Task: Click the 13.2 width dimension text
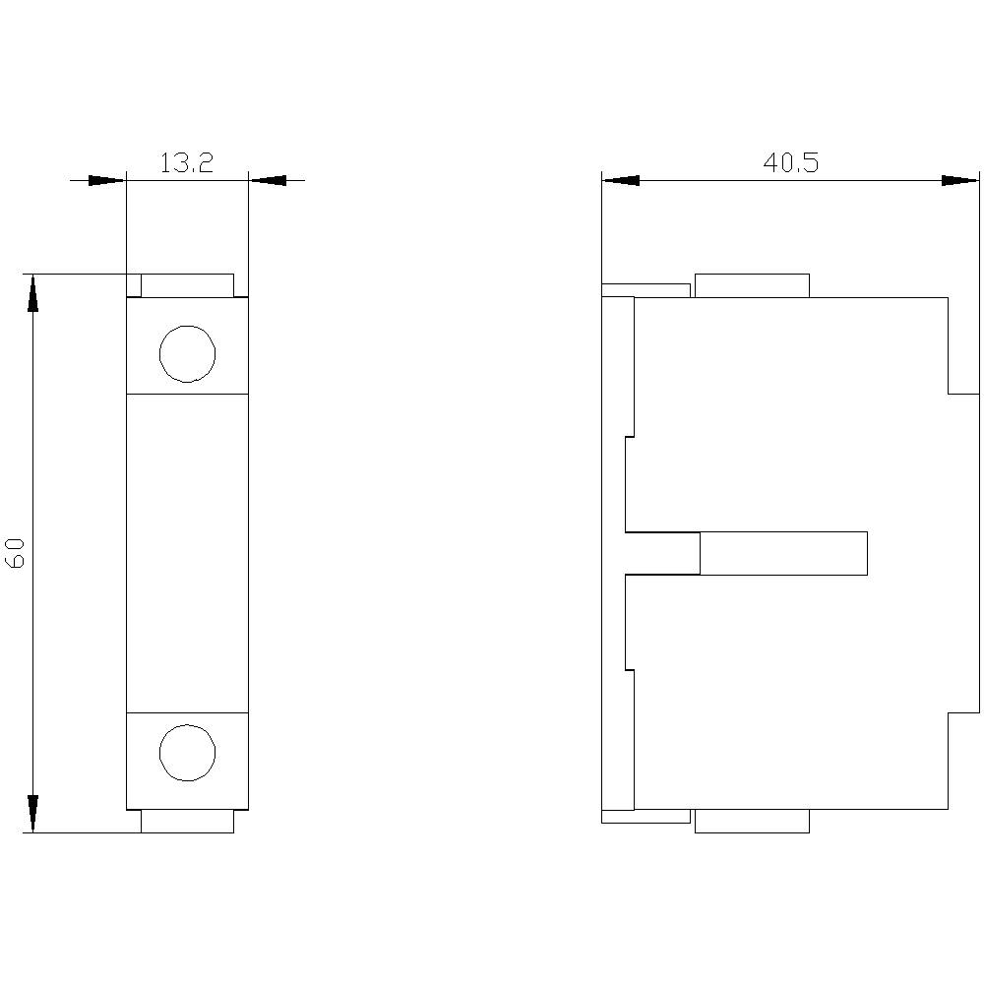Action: click(186, 163)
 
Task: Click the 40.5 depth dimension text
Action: click(790, 163)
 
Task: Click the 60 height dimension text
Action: click(16, 553)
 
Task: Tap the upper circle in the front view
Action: click(187, 353)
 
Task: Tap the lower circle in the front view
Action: click(187, 753)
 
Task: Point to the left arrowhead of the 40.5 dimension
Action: click(620, 181)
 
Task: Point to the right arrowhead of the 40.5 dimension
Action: click(960, 181)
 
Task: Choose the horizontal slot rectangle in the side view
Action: click(783, 553)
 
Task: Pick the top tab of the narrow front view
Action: click(187, 285)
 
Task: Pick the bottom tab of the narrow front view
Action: click(187, 821)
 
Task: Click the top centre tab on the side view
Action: click(752, 285)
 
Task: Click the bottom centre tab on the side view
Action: click(752, 821)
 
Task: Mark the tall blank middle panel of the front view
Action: click(187, 553)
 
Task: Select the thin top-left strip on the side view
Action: click(646, 289)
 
